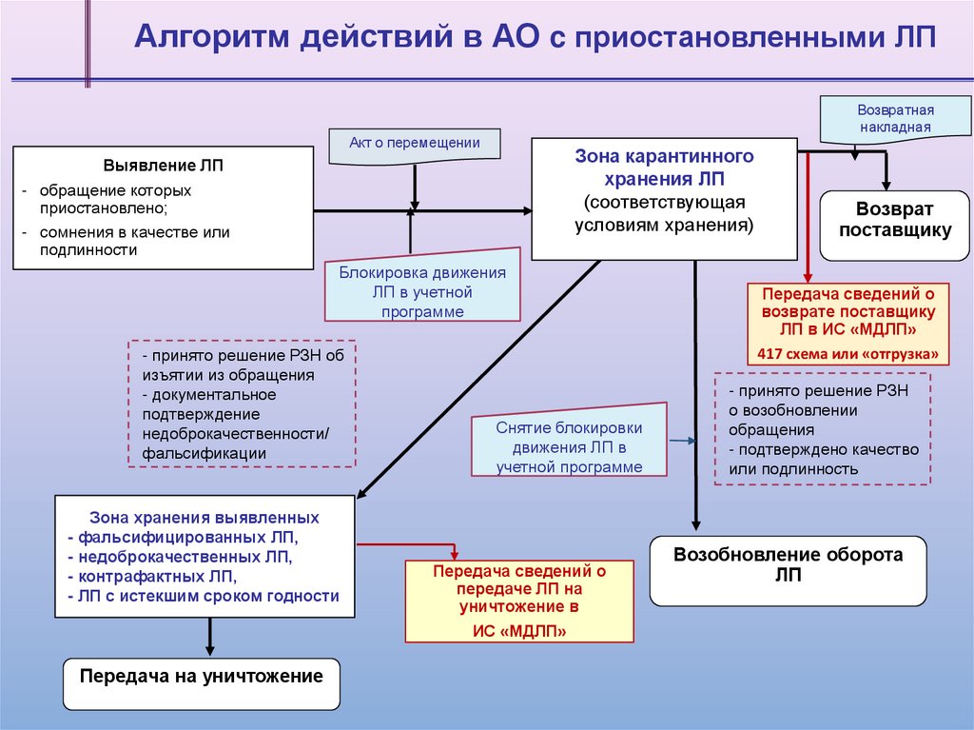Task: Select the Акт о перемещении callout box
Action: coord(414,144)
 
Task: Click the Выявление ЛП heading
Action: coord(164,166)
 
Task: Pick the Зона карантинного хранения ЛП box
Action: coord(664,199)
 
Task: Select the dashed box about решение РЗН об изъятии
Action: coord(242,403)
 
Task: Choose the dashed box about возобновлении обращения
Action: coord(822,429)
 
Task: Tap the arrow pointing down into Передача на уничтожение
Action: coord(207,638)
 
